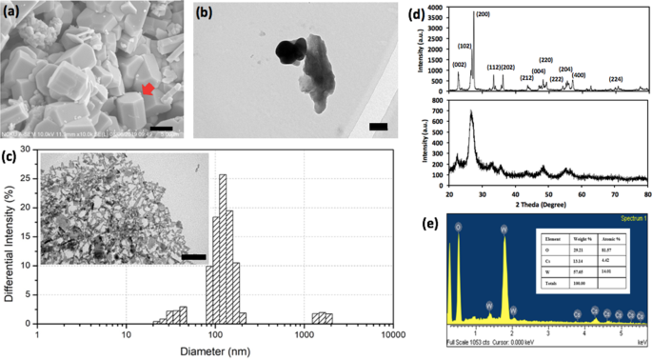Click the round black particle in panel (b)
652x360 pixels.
point(288,50)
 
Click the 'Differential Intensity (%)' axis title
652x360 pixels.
point(10,249)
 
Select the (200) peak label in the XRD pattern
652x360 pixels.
point(509,13)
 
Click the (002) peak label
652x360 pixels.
point(460,65)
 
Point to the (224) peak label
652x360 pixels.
point(617,79)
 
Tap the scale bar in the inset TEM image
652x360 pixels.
point(193,256)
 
